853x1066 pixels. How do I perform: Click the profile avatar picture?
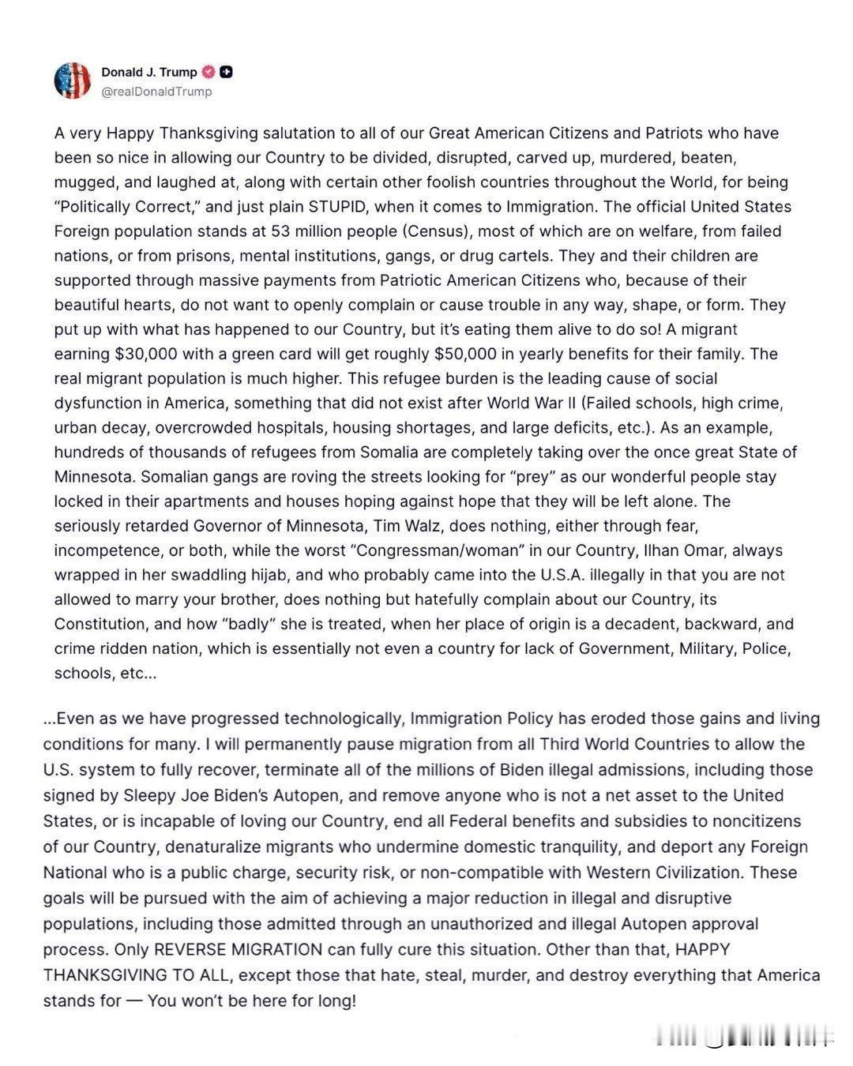tap(73, 81)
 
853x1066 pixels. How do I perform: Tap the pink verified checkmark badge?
tap(209, 72)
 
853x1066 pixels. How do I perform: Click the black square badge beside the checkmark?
tap(226, 72)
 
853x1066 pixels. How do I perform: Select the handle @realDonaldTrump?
tap(156, 92)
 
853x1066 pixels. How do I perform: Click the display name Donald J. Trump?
tap(149, 72)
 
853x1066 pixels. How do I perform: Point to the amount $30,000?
tap(150, 354)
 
